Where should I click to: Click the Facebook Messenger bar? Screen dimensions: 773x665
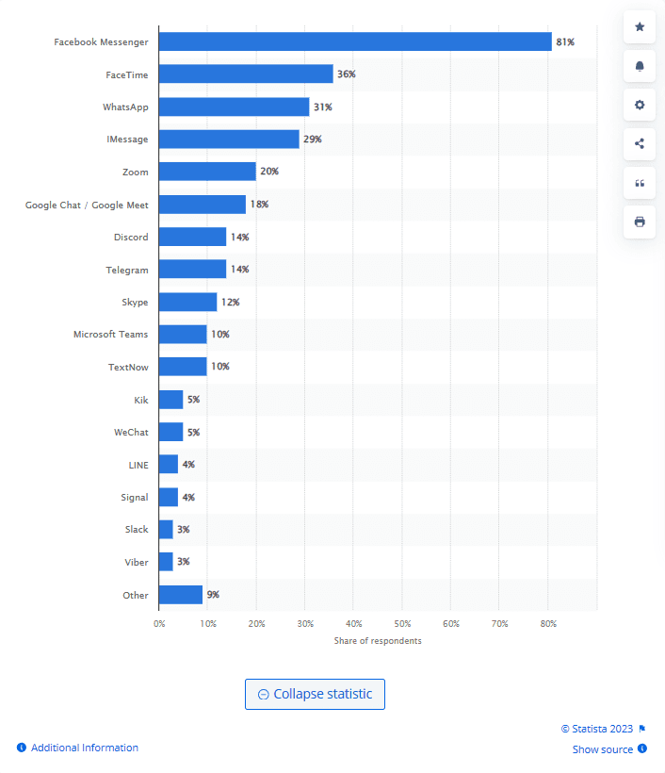[x=354, y=41]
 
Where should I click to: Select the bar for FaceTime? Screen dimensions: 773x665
[x=246, y=74]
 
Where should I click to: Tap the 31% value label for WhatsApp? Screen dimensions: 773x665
[x=323, y=107]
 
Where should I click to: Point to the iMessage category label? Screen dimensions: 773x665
[x=127, y=140]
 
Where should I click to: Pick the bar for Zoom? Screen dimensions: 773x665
[x=207, y=172]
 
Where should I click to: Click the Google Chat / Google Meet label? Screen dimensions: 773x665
[x=87, y=205]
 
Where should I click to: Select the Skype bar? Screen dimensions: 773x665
[x=187, y=302]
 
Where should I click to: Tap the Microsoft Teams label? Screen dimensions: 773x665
[x=110, y=334]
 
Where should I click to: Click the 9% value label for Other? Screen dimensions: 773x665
[x=213, y=594]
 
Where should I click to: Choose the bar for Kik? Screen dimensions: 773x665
[x=170, y=400]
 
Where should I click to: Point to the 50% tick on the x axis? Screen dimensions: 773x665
[x=402, y=623]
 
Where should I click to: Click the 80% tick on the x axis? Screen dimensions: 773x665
[x=548, y=623]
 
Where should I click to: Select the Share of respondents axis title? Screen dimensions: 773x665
[x=378, y=641]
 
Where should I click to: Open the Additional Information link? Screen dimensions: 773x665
[x=85, y=748]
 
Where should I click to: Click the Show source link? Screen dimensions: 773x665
[x=603, y=749]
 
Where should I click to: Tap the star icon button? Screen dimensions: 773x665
[x=640, y=27]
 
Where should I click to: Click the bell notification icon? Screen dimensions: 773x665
[x=640, y=66]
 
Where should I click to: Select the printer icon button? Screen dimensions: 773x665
[x=640, y=222]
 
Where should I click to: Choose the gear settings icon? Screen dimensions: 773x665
[x=640, y=105]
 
